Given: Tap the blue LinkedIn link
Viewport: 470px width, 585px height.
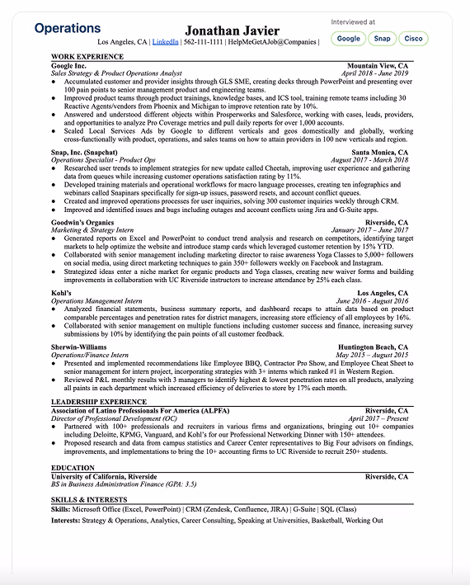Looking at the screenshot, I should tap(165, 41).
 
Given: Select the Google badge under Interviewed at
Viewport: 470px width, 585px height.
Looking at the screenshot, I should tap(349, 38).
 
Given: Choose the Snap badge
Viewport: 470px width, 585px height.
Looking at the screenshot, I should tap(382, 38).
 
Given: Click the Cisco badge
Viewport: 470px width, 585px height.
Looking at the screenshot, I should tap(413, 38).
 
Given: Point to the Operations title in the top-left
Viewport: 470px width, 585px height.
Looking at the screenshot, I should tap(68, 29).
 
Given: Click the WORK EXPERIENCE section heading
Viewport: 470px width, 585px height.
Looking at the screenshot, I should tap(87, 57).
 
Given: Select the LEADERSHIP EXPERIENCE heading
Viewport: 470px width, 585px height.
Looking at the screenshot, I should tap(99, 402).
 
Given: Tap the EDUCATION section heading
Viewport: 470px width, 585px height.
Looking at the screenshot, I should tap(73, 468).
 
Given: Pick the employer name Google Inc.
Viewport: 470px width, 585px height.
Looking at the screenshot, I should tap(68, 65).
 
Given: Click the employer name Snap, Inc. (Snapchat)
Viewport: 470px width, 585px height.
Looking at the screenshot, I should tap(84, 153).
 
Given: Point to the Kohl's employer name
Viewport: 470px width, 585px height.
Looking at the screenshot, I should tap(61, 293).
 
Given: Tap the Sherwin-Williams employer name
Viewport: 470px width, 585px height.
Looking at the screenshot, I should tap(79, 347).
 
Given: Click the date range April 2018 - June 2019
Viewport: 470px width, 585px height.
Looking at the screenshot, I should tap(374, 73).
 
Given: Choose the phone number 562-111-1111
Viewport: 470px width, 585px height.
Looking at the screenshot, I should tap(202, 41).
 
